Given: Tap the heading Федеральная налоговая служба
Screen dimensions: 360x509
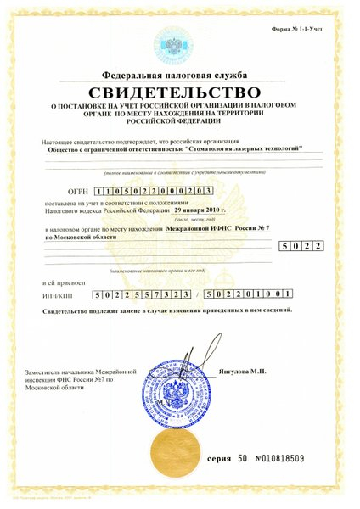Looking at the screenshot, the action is [180, 75].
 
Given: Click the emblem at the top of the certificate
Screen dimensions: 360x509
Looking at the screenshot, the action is [180, 42].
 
